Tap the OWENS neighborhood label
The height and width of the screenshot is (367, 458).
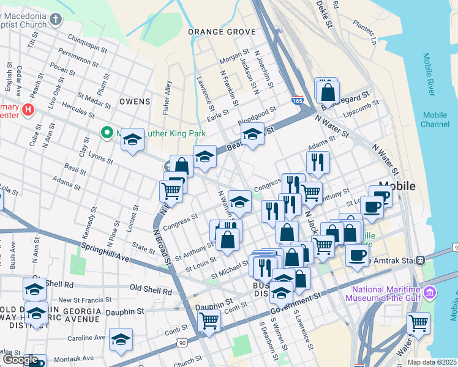point(135,101)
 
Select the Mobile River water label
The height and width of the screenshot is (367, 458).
point(428,74)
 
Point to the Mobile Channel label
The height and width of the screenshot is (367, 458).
point(435,119)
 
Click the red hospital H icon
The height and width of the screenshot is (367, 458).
point(27,109)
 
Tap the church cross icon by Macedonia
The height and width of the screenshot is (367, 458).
point(56,20)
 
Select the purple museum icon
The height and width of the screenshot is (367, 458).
point(429,293)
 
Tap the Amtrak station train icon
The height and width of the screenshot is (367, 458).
point(420,260)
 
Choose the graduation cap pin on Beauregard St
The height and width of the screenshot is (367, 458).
point(252,134)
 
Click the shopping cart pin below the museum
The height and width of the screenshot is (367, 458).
point(418,322)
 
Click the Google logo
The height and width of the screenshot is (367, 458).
point(20,360)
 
